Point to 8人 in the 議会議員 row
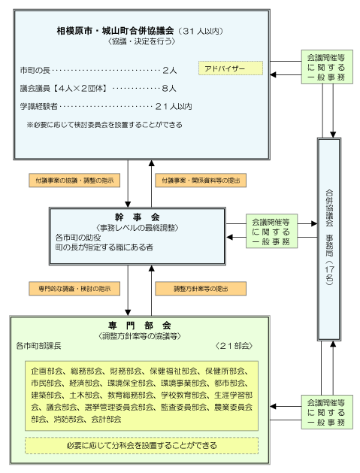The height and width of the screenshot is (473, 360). coord(169,88)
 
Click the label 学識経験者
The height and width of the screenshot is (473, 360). coord(39,106)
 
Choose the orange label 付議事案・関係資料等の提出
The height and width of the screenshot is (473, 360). coord(192,181)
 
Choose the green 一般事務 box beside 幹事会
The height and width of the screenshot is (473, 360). coord(273,229)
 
